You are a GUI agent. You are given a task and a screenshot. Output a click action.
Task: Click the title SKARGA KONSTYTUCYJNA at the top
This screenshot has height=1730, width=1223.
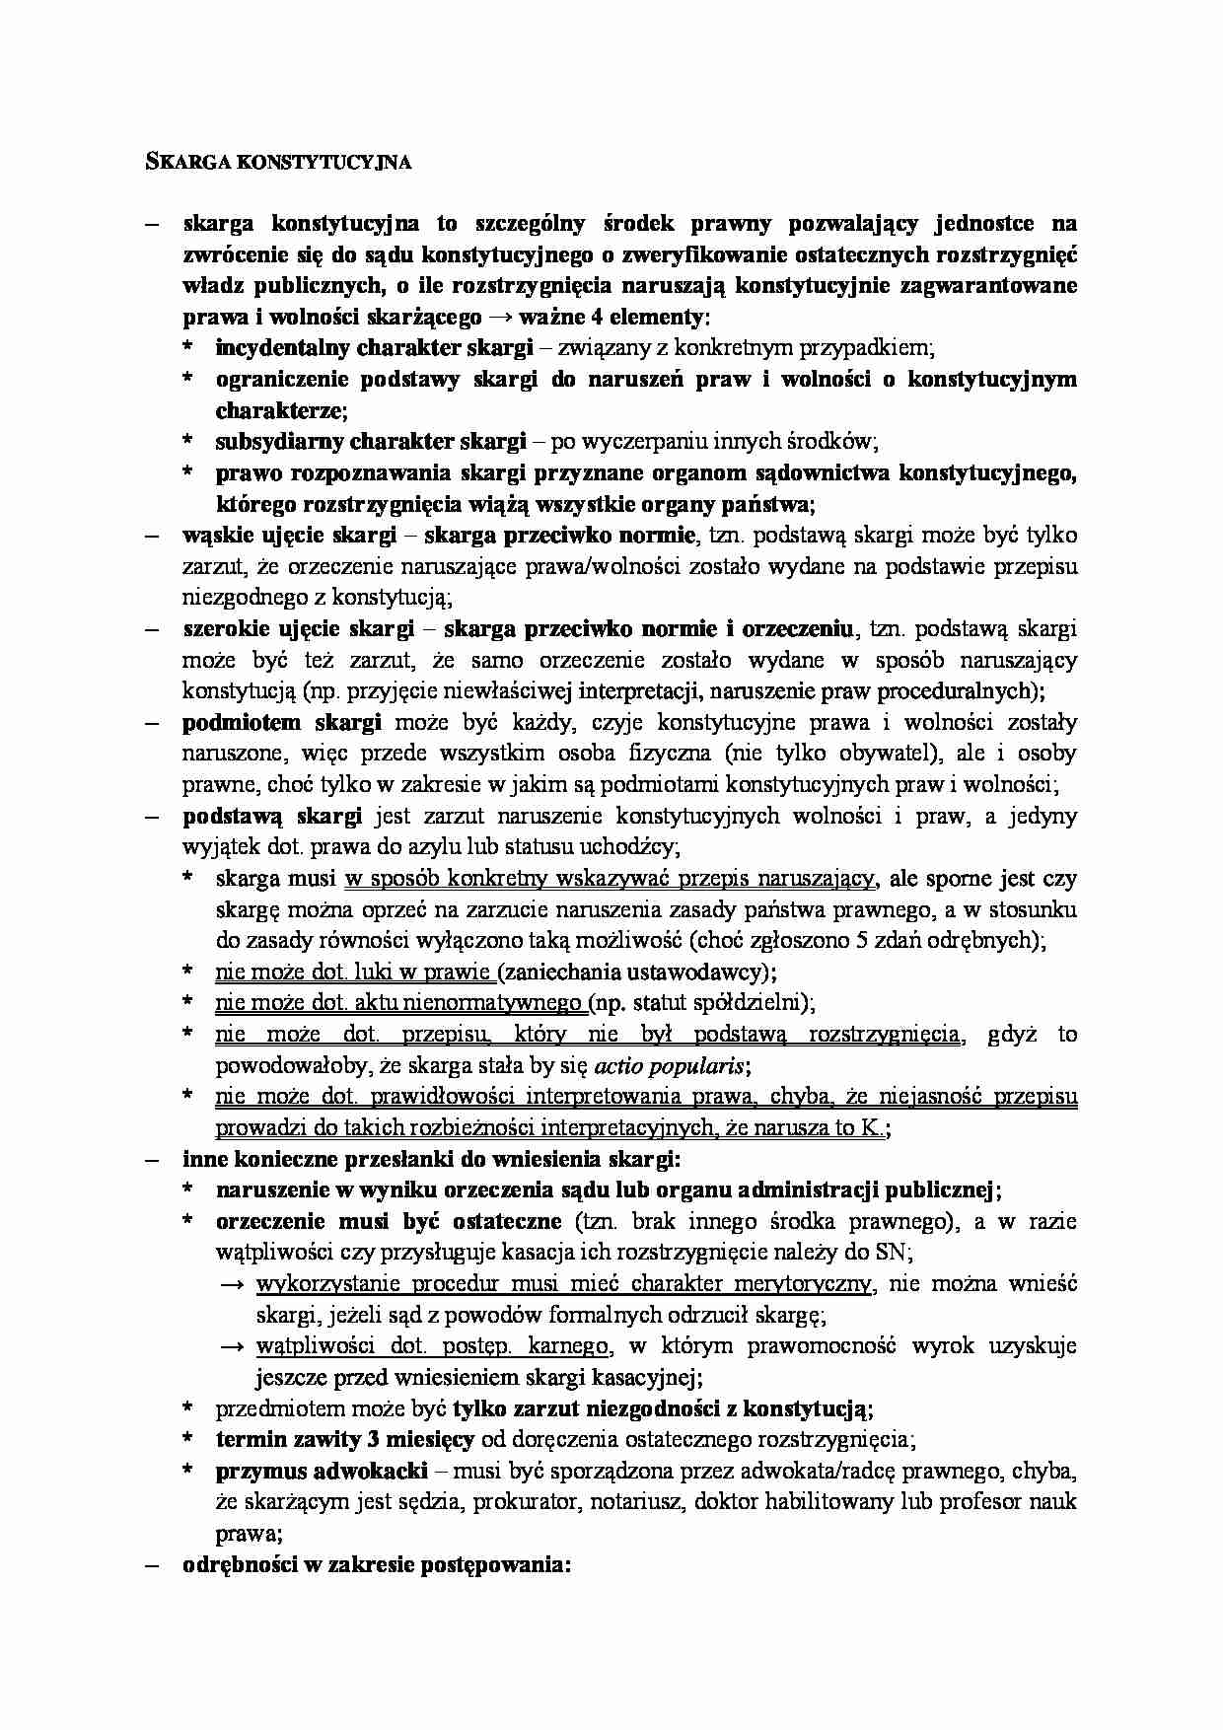tap(272, 164)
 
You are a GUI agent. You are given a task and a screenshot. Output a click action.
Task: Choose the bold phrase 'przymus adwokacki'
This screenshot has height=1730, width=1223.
tap(322, 1471)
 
